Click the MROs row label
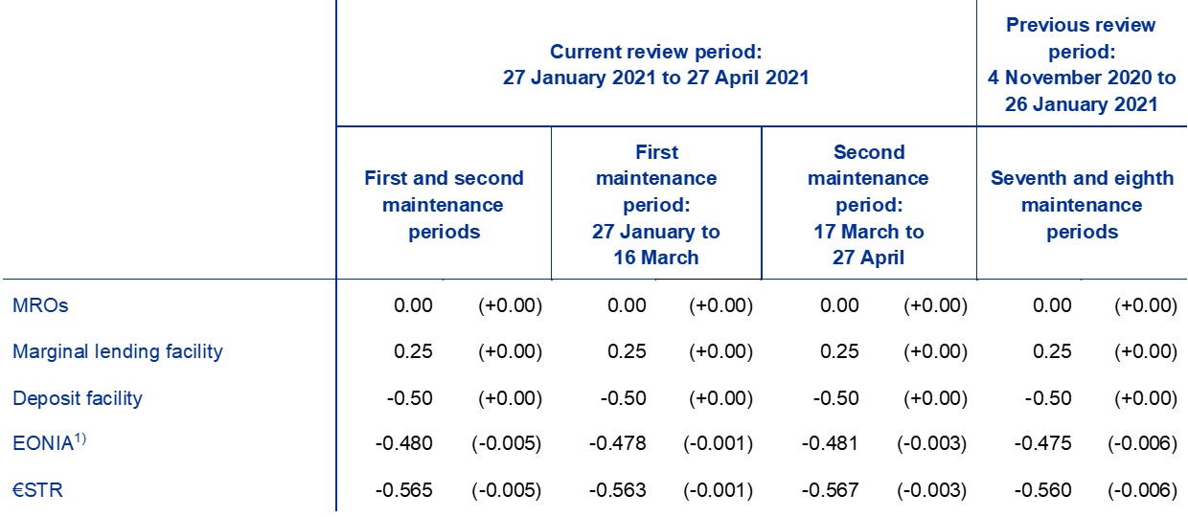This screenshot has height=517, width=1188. tap(40, 305)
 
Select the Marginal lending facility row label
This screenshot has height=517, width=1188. tap(118, 351)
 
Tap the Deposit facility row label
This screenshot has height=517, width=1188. tap(78, 398)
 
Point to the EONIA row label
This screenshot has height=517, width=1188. tap(49, 442)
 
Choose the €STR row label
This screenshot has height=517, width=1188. tap(37, 489)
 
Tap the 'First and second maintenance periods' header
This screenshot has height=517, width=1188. tap(444, 205)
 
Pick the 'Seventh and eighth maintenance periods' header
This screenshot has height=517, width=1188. tap(1082, 205)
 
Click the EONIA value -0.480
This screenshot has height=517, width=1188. tap(404, 443)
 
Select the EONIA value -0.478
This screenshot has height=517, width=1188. tap(618, 443)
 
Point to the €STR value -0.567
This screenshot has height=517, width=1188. tap(830, 490)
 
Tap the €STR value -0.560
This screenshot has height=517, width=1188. tap(1043, 490)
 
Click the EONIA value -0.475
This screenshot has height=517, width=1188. tap(1043, 443)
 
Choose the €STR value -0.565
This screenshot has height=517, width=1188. tap(404, 490)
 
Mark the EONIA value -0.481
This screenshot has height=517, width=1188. tap(830, 443)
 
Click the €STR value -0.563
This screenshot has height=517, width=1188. tap(618, 490)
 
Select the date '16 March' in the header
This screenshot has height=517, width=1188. tap(656, 258)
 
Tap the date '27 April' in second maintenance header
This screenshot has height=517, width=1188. tap(868, 258)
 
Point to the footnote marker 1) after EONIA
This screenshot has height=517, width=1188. tap(80, 439)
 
